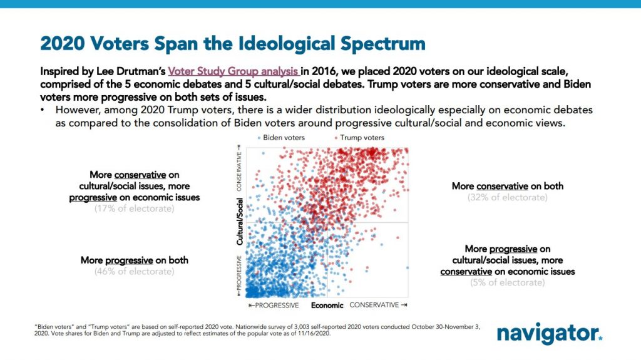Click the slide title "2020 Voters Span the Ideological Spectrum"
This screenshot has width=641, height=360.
click(x=232, y=44)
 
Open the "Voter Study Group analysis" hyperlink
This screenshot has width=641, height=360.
click(x=233, y=71)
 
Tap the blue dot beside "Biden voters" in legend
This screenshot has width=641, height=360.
click(x=259, y=138)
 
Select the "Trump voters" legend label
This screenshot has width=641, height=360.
click(x=362, y=138)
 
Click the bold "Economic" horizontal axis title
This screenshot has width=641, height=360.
click(x=327, y=306)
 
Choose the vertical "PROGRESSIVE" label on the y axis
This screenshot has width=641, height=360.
click(x=239, y=275)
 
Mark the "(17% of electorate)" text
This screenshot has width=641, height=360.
click(x=135, y=208)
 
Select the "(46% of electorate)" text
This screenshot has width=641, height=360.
click(x=135, y=272)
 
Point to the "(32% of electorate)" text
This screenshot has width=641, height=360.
click(x=507, y=197)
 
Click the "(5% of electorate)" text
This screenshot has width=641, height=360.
click(x=507, y=282)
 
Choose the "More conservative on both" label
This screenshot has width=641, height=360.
click(x=507, y=186)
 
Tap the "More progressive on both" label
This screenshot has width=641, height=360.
click(x=135, y=260)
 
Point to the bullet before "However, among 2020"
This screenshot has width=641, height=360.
click(x=42, y=110)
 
